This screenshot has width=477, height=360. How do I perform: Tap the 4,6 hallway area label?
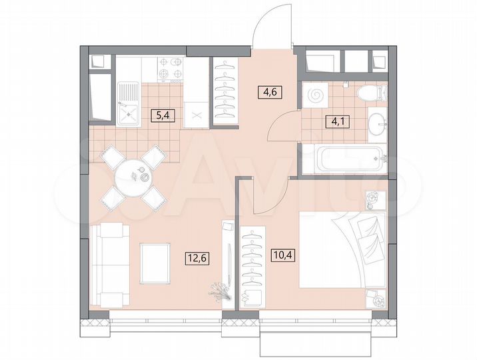[x=270, y=93]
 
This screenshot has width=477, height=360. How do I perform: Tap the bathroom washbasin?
[x=378, y=123]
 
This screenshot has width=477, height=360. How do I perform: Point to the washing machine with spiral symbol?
[x=316, y=94]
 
